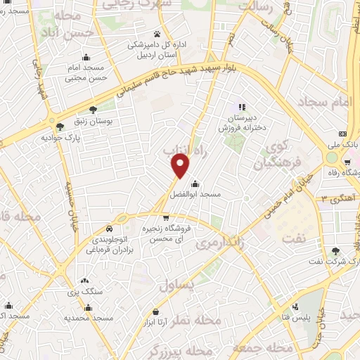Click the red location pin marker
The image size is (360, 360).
(181, 165)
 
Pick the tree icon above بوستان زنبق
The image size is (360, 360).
(93, 109)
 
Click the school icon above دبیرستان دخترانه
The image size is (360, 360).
(242, 107)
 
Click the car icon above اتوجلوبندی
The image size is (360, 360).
(109, 229)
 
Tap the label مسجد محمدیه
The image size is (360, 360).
(88, 318)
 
